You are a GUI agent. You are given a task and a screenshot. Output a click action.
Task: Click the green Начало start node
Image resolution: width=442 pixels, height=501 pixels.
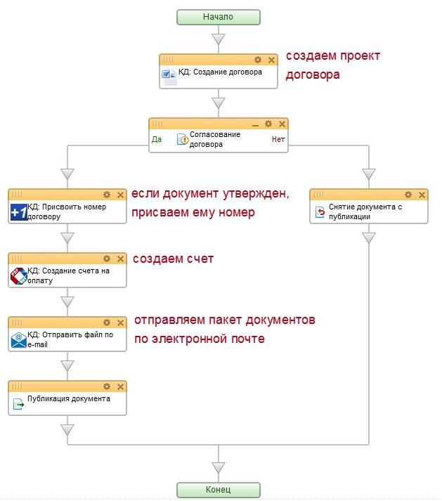tap(218, 17)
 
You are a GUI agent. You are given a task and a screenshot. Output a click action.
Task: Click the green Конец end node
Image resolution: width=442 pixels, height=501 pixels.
tap(218, 490)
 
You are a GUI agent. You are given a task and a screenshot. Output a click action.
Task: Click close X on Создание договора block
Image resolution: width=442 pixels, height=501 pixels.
tap(271, 60)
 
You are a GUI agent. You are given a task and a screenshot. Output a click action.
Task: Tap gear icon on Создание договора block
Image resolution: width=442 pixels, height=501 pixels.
tap(258, 60)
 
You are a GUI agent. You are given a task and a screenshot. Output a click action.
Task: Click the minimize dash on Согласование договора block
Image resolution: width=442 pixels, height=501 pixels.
tap(256, 124)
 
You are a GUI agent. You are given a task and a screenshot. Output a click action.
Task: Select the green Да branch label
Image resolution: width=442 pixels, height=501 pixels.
tap(157, 139)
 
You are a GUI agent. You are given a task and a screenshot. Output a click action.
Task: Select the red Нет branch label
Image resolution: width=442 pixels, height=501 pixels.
tap(278, 139)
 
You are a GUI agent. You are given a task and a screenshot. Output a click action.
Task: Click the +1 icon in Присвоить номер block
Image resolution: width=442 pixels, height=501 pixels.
tap(18, 212)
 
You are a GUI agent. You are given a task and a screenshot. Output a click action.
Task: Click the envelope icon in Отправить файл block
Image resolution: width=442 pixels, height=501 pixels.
tap(18, 340)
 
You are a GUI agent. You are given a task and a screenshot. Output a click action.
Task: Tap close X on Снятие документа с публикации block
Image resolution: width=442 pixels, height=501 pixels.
tap(422, 195)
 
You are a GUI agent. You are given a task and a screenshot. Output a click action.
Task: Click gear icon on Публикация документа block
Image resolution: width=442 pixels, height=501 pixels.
tap(107, 386)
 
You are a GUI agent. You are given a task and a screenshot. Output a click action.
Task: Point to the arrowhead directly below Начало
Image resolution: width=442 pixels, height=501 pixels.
tap(219, 39)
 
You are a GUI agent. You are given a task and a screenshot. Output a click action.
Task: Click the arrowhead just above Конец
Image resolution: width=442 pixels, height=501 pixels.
tap(219, 467)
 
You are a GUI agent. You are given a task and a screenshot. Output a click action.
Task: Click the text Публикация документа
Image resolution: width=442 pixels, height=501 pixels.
tap(69, 399)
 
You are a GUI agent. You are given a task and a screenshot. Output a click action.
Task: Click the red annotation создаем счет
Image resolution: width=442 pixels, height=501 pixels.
tap(172, 259)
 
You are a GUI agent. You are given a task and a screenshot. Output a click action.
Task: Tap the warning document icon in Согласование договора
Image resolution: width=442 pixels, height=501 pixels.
tap(183, 139)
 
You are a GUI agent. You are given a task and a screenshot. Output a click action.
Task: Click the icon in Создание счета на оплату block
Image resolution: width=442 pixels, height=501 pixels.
tap(18, 276)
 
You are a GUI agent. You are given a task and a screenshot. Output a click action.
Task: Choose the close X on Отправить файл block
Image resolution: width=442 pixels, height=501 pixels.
tap(120, 323)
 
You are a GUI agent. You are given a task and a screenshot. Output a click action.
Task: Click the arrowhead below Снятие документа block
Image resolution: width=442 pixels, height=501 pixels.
tap(369, 238)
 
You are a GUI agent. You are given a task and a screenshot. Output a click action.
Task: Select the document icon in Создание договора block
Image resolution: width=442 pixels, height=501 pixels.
tap(169, 76)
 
